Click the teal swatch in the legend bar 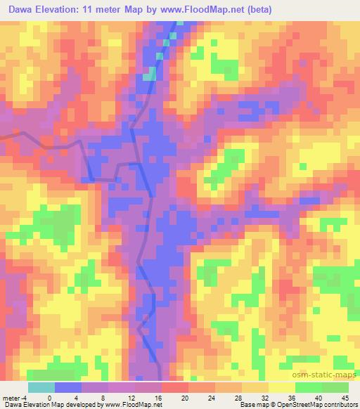[41, 388]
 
